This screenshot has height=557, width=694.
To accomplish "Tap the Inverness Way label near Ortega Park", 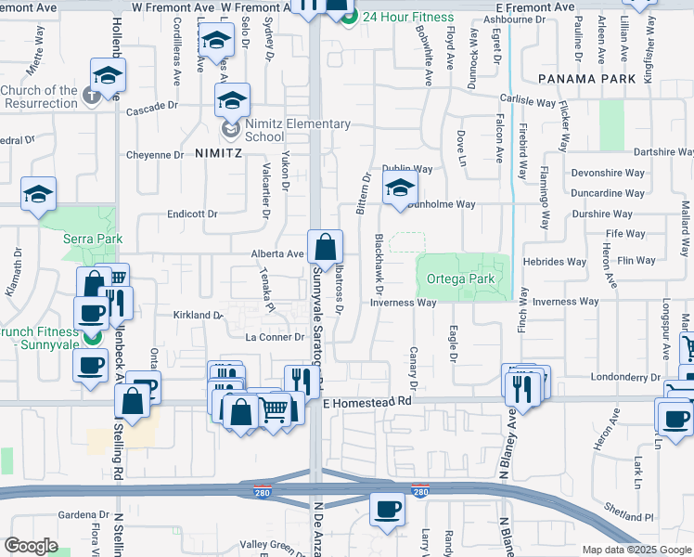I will click(403, 303).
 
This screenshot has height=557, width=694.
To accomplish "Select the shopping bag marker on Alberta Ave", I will click(326, 249).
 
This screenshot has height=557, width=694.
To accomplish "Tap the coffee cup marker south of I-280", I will click(387, 509).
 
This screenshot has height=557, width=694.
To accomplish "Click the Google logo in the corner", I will click(31, 546).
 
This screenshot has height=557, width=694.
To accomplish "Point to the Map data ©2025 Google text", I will click(636, 550).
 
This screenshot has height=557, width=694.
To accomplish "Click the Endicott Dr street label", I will click(192, 214).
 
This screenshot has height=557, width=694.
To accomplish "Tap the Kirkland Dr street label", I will click(198, 316).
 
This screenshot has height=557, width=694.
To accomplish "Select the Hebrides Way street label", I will click(555, 263).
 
